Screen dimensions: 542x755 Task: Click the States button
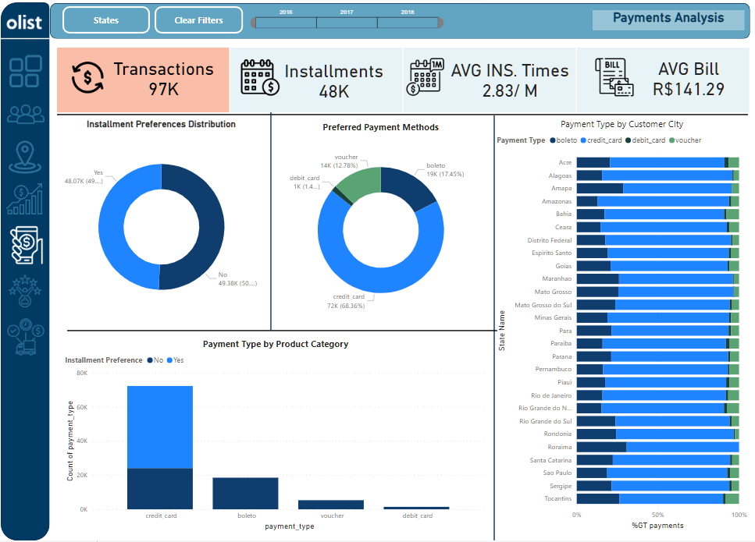[105, 20]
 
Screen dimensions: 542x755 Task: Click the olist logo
[24, 23]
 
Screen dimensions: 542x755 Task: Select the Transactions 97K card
[143, 80]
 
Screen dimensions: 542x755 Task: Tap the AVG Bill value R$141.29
[689, 90]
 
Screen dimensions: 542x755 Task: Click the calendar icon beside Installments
[260, 77]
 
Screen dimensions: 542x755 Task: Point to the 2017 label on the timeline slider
[347, 12]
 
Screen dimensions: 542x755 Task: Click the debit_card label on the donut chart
[304, 178]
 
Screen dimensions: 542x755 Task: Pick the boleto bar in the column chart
[245, 493]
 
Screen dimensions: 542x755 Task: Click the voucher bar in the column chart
[331, 505]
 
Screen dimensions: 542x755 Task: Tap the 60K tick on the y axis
[82, 407]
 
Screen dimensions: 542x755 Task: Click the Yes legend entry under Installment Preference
[176, 360]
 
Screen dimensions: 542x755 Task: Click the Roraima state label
[559, 447]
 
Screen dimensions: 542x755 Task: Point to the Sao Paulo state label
[557, 473]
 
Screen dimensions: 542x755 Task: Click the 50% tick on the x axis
[657, 515]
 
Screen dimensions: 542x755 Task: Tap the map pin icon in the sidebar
[25, 157]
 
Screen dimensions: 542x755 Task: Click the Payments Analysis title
[668, 19]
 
